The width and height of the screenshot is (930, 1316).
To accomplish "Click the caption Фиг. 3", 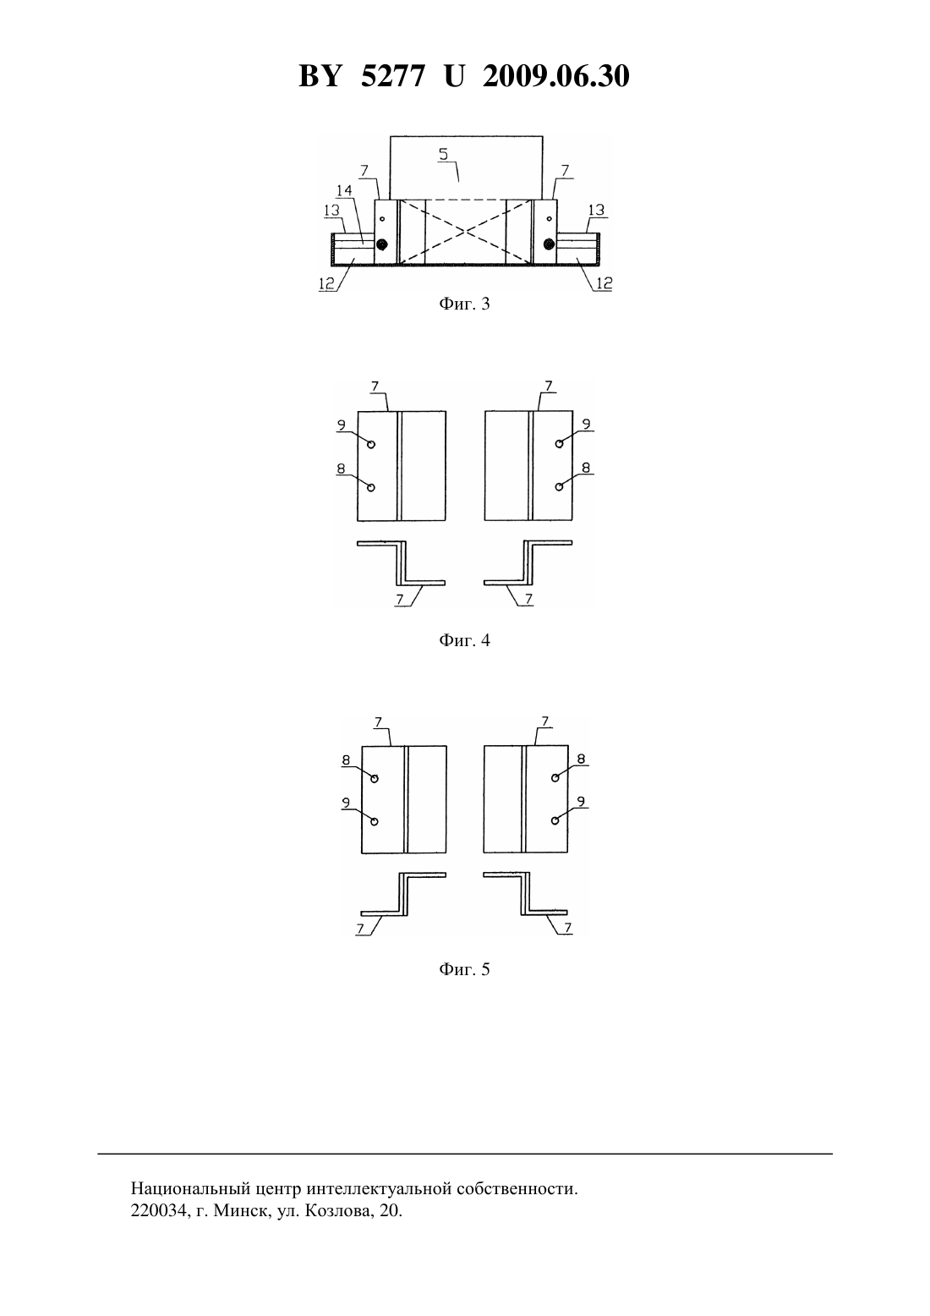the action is point(464,304).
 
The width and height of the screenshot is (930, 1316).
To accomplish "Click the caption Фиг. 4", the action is point(464,640).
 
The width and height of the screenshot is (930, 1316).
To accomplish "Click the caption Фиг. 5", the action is point(464,969).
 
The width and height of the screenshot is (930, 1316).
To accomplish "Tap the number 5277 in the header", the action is point(392,76).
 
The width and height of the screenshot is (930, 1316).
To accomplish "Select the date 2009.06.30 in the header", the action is point(556,76).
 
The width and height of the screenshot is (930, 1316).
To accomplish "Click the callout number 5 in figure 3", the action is point(443,153).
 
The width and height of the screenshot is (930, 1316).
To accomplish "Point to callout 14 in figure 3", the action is point(344,190).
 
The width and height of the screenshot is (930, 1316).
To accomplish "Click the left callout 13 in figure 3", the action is point(331,210).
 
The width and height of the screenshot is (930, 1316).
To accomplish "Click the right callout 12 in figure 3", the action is point(604,282).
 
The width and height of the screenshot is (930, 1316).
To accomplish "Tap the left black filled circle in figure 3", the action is point(383,244).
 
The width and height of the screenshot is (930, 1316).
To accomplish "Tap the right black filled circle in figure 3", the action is point(549,244).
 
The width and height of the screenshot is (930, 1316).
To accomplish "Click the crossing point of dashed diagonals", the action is point(466,232).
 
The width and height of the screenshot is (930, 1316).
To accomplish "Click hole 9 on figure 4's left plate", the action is point(371,444).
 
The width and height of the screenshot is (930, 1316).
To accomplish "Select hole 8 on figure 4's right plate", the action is point(559,486).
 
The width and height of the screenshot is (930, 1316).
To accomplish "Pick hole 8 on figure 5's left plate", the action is point(375,778).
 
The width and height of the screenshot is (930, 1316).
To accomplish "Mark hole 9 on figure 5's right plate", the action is point(555,820).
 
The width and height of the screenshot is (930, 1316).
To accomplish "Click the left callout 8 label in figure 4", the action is point(341,469).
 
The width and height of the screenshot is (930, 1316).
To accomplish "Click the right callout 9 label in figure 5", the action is point(582,801).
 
